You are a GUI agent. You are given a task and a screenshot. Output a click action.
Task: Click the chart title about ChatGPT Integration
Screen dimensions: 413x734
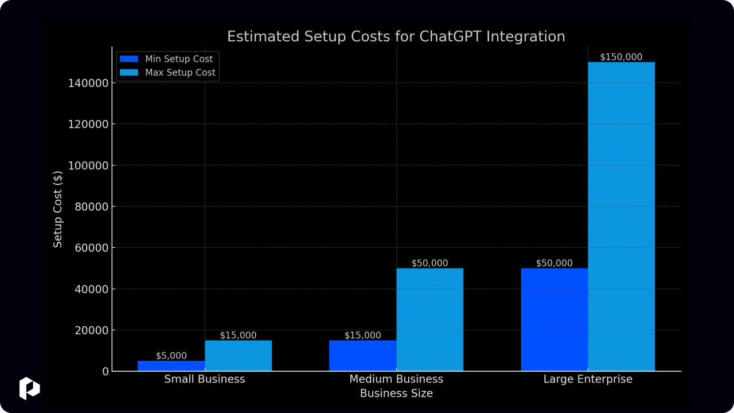(x=396, y=37)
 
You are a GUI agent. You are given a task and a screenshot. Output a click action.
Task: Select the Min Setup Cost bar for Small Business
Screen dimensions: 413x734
(x=171, y=366)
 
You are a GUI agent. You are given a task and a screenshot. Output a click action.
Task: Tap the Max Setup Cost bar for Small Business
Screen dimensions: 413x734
(x=238, y=356)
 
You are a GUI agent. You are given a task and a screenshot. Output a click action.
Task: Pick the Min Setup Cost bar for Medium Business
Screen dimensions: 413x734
(x=362, y=356)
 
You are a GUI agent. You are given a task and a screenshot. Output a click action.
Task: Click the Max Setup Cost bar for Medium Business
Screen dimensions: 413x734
(x=430, y=320)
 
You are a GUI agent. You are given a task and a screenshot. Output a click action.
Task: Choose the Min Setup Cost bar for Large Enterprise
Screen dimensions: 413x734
(x=554, y=320)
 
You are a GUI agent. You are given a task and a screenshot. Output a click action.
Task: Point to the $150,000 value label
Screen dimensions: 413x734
(x=621, y=57)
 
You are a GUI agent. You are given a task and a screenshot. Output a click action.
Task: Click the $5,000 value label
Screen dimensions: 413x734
(x=171, y=356)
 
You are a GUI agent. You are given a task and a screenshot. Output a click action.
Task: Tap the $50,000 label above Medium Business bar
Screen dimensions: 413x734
(x=430, y=263)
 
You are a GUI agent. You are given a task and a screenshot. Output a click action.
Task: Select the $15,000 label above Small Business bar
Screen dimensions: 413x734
(x=238, y=336)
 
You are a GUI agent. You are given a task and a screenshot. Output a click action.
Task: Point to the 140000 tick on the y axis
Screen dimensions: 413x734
(x=88, y=83)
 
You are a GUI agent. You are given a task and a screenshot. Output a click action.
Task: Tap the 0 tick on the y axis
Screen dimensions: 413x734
(x=105, y=372)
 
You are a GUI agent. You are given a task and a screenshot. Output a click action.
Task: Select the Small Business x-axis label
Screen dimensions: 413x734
(x=204, y=379)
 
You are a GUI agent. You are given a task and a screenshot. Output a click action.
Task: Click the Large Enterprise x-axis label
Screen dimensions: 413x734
(x=588, y=379)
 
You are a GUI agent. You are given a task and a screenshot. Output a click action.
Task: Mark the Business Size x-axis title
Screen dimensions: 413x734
(x=396, y=393)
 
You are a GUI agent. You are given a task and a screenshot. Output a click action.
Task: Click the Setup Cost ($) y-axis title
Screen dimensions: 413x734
(x=58, y=209)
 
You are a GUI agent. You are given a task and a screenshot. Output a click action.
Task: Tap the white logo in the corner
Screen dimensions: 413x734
(x=29, y=388)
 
